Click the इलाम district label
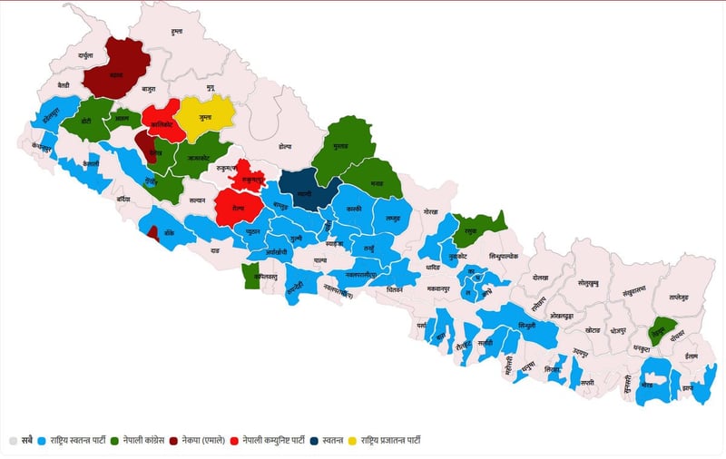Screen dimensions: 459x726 pyautogui.click(x=693, y=356)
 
